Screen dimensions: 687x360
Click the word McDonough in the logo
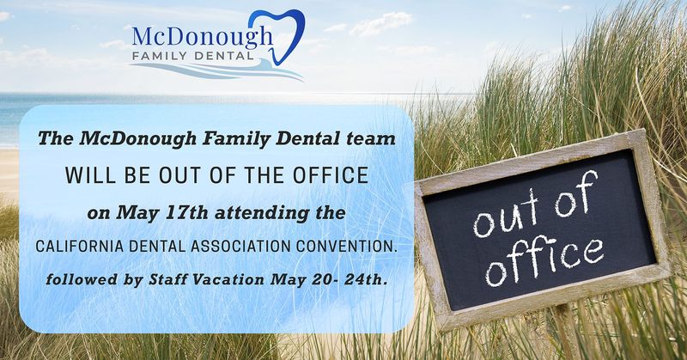pos(202,37)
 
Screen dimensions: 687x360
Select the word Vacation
pos(228,279)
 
